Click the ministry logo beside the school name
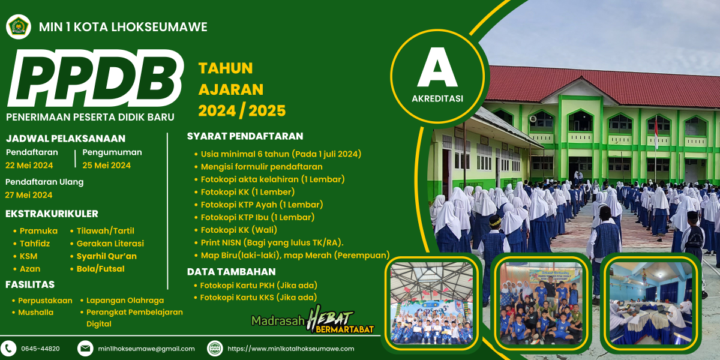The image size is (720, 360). (19, 26)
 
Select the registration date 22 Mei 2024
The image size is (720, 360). (29, 165)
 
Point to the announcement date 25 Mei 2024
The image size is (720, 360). (106, 165)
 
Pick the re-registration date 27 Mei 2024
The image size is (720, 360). (29, 195)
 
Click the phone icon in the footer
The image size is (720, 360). (8, 349)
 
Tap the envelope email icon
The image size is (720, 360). (85, 349)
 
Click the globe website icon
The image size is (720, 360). (215, 349)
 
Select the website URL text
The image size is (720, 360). (291, 349)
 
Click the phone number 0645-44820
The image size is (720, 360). (41, 349)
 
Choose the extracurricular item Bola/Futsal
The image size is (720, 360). (100, 269)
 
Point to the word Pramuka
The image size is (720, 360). (38, 231)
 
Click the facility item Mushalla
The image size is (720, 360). (35, 312)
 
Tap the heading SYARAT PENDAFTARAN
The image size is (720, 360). (245, 136)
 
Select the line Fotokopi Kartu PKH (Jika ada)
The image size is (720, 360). (259, 286)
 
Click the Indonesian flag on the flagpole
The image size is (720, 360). (656, 134)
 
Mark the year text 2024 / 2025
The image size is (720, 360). (242, 110)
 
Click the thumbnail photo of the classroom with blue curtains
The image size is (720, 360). (650, 303)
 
